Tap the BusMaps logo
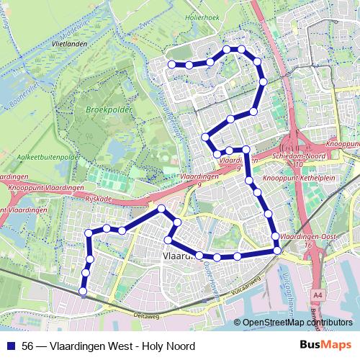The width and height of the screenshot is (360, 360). (325, 346)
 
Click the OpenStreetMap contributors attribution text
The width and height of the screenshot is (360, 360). (297, 323)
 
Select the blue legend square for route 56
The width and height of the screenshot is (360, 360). (11, 346)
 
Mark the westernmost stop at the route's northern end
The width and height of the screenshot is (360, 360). (172, 65)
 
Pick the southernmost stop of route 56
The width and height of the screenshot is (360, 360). (83, 292)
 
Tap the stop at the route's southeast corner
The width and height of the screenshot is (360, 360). (277, 250)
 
